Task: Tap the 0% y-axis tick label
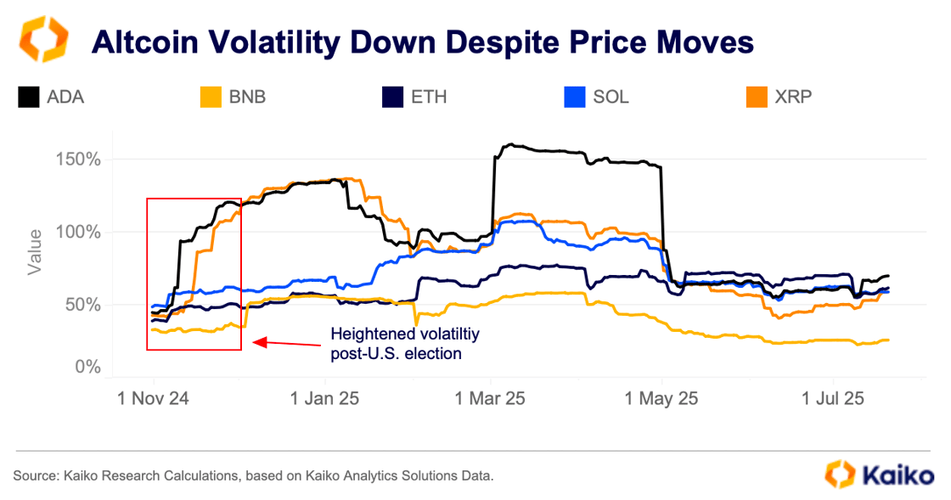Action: (x=88, y=368)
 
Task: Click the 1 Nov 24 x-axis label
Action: (x=153, y=398)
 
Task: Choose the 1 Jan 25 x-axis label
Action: (x=324, y=398)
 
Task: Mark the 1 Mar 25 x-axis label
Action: (x=491, y=398)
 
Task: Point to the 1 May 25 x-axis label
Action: (x=662, y=398)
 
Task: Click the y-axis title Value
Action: (x=35, y=252)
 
